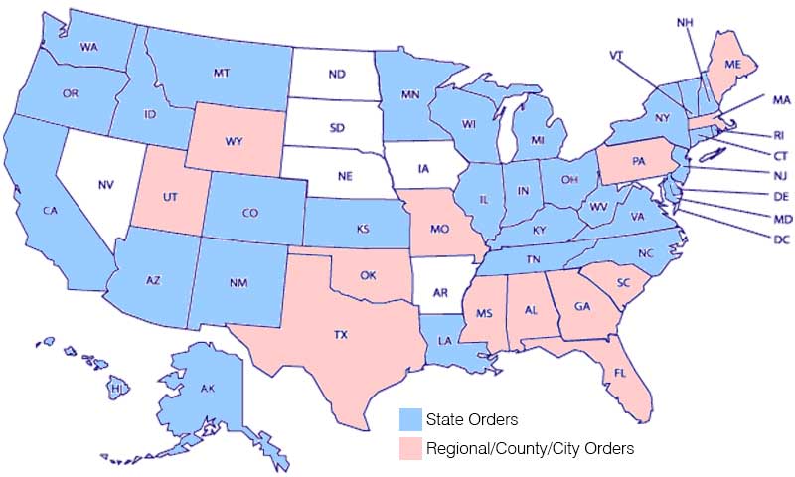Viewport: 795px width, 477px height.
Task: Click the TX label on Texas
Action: point(341,336)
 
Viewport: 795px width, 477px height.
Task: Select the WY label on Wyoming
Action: point(235,142)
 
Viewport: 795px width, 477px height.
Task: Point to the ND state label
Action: point(337,75)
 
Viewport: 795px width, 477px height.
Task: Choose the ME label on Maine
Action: point(733,62)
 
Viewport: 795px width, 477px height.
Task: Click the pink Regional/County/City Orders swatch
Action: point(409,448)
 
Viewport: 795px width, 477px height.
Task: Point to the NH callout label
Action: point(685,22)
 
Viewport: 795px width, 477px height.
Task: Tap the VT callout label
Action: point(617,55)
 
